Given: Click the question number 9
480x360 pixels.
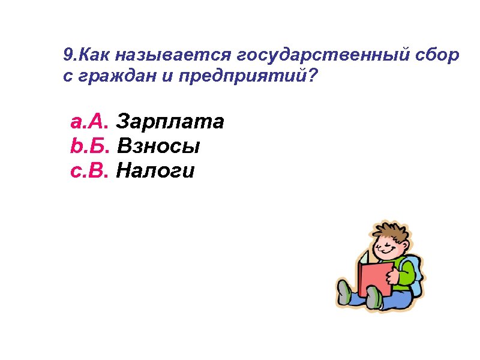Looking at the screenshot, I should [67, 56].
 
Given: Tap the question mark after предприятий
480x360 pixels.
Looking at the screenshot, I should [314, 77].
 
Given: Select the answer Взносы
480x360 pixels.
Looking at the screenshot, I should [158, 146].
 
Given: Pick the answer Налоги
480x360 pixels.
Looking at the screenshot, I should [155, 172].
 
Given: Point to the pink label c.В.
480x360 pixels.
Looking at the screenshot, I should [89, 172].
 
